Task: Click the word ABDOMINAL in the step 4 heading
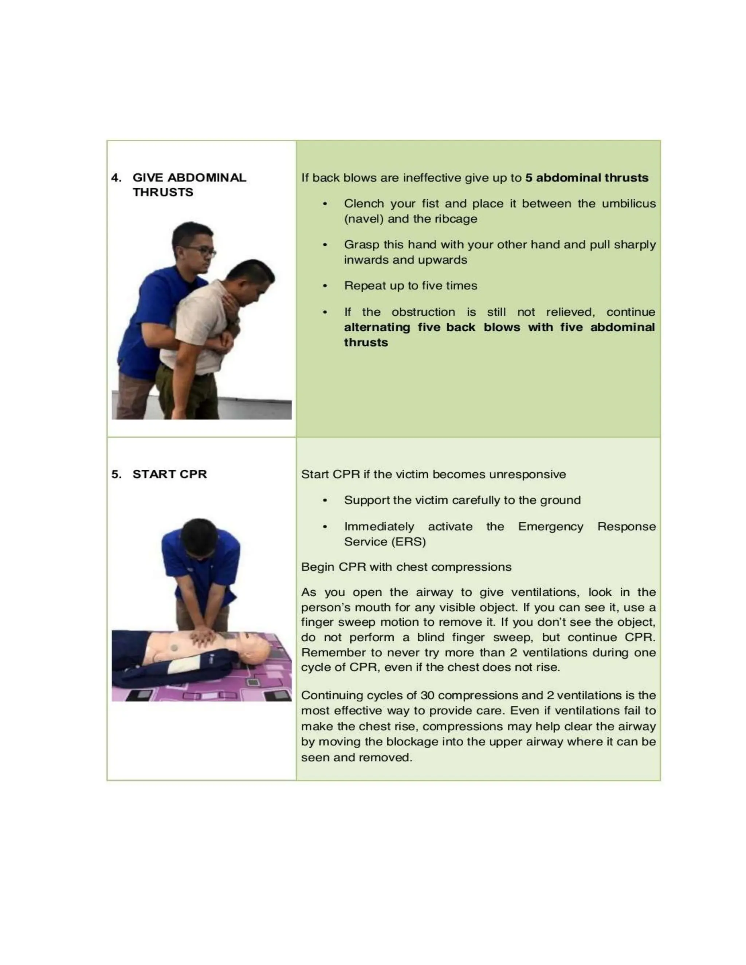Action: pyautogui.click(x=207, y=178)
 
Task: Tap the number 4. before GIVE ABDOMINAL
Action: pyautogui.click(x=116, y=178)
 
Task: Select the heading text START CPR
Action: pyautogui.click(x=169, y=474)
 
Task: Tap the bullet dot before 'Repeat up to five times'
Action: pyautogui.click(x=325, y=286)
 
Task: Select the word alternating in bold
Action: pyautogui.click(x=377, y=327)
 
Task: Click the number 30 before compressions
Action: pyautogui.click(x=427, y=695)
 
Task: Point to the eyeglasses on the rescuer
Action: pyautogui.click(x=203, y=252)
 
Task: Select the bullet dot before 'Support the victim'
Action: pyautogui.click(x=325, y=501)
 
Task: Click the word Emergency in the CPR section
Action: pyautogui.click(x=550, y=527)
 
